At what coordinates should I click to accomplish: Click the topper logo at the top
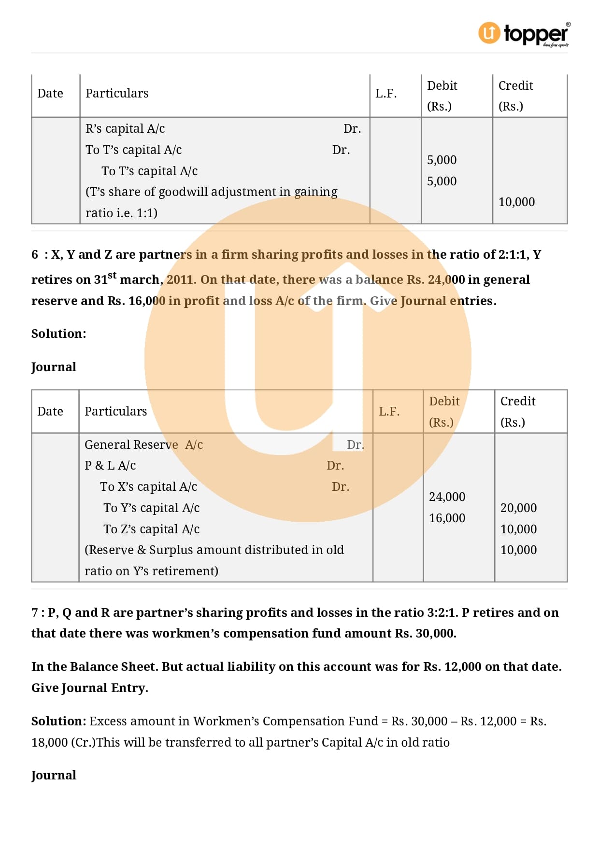[x=524, y=34]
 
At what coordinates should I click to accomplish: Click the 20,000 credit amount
[x=518, y=508]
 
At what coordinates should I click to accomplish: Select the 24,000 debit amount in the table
[x=447, y=497]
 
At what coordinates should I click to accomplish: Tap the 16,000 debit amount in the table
[x=447, y=518]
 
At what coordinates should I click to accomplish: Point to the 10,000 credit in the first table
[x=516, y=202]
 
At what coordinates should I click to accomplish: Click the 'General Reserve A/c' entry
[x=143, y=444]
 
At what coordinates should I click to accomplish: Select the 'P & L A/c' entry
[x=110, y=465]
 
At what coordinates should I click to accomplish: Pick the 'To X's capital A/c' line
[x=148, y=486]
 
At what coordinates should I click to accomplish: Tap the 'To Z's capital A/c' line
[x=151, y=529]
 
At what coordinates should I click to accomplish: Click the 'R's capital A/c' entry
[x=125, y=128]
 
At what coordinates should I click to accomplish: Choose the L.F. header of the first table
[x=386, y=94]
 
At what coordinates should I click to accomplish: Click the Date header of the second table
[x=50, y=411]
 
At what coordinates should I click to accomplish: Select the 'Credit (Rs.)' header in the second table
[x=517, y=411]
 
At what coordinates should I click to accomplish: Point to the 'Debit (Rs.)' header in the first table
[x=442, y=96]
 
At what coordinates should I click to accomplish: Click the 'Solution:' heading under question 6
[x=58, y=333]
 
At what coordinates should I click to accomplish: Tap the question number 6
[x=35, y=254]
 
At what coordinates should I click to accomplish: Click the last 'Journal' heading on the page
[x=54, y=775]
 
